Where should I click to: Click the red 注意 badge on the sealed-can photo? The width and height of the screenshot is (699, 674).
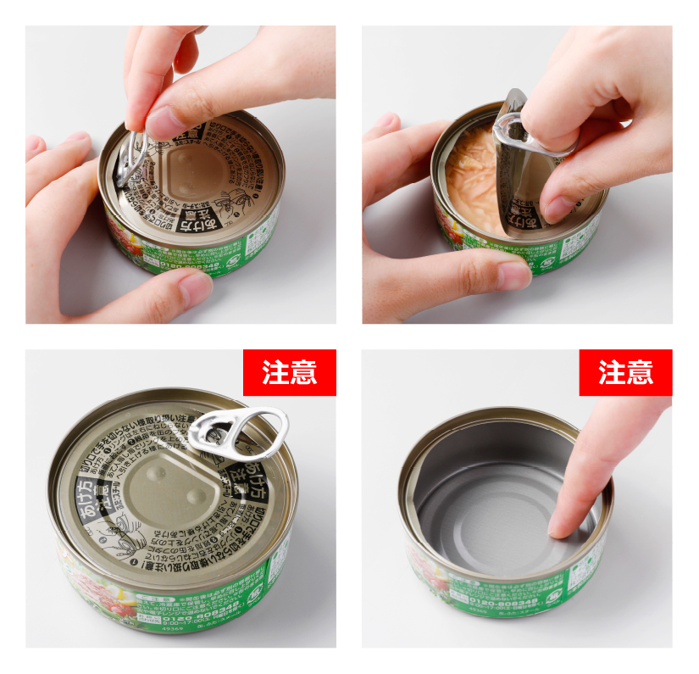289,372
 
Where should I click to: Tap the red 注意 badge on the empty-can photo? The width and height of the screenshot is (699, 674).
625,372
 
